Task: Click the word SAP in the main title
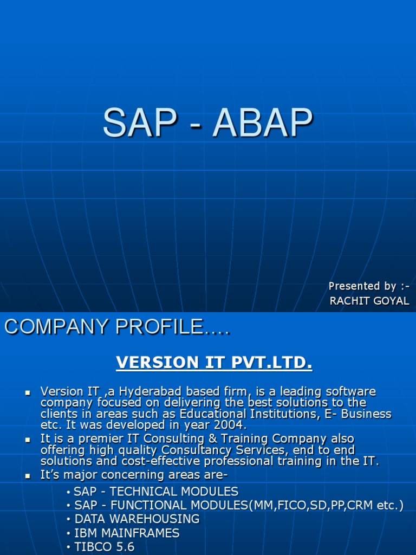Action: coord(136,124)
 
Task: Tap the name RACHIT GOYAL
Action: coord(369,301)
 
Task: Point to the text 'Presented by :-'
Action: coord(369,286)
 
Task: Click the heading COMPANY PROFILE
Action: coord(117,327)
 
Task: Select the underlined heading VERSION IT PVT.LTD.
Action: coord(214,363)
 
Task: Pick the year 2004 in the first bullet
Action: coord(230,426)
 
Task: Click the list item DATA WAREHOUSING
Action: coord(136,519)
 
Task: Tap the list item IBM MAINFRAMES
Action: coord(127,533)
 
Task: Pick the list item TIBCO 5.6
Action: coord(104,547)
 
